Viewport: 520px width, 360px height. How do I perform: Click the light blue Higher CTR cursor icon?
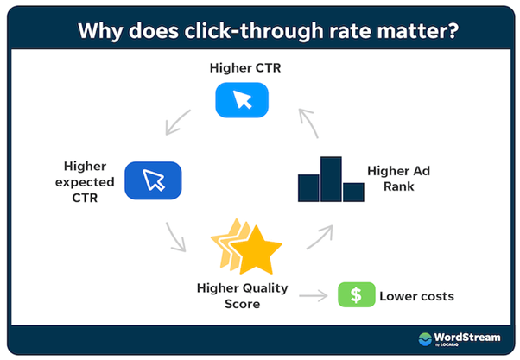coord(242,100)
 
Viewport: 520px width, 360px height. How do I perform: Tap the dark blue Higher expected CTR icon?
coord(153,180)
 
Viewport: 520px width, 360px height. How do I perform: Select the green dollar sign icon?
coord(357,294)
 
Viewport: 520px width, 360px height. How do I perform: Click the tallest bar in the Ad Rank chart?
coord(331,179)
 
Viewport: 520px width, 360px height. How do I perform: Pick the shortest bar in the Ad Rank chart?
coord(353,193)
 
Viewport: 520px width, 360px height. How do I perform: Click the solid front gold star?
coord(256,250)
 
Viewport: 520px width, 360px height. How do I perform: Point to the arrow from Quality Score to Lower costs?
coord(314,296)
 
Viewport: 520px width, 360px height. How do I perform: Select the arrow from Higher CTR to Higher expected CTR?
coord(178,123)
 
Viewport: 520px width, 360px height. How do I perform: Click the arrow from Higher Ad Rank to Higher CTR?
coord(308,123)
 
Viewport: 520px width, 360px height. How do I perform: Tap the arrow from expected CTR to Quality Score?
coord(175,237)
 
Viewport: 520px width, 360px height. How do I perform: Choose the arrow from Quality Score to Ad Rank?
coord(320,237)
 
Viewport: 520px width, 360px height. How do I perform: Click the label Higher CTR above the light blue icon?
coord(245,68)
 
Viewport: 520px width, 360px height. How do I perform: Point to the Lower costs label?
coord(417,296)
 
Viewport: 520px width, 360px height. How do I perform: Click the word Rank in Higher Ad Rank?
coord(399,186)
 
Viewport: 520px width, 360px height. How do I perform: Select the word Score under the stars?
coord(243,304)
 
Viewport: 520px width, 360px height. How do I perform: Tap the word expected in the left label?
coord(85,182)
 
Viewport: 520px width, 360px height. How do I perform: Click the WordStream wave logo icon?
coord(425,338)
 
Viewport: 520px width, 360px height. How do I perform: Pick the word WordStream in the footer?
coord(467,338)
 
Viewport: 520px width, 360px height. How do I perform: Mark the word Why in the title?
coord(100,31)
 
